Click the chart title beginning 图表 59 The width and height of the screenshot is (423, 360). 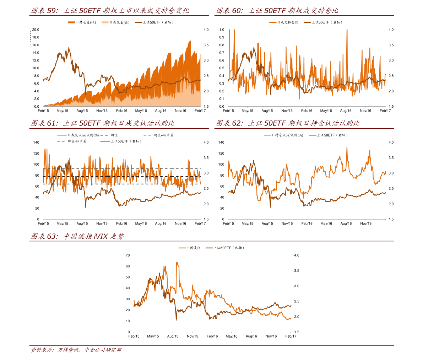110,11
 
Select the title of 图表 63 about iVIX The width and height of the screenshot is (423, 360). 78,236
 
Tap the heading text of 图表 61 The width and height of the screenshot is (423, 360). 103,123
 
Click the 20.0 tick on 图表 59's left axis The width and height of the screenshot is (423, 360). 36,30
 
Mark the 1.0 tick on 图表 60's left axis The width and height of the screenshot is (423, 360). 222,30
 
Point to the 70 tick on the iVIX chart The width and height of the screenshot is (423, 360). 128,255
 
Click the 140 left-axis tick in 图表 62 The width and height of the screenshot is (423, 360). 221,143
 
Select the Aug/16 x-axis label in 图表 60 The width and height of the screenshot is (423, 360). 346,111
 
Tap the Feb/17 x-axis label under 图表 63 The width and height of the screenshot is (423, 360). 291,336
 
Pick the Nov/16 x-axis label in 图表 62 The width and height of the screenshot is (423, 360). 366,224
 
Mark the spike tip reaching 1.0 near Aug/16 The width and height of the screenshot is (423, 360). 347,30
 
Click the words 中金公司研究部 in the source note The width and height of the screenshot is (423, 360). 103,350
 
